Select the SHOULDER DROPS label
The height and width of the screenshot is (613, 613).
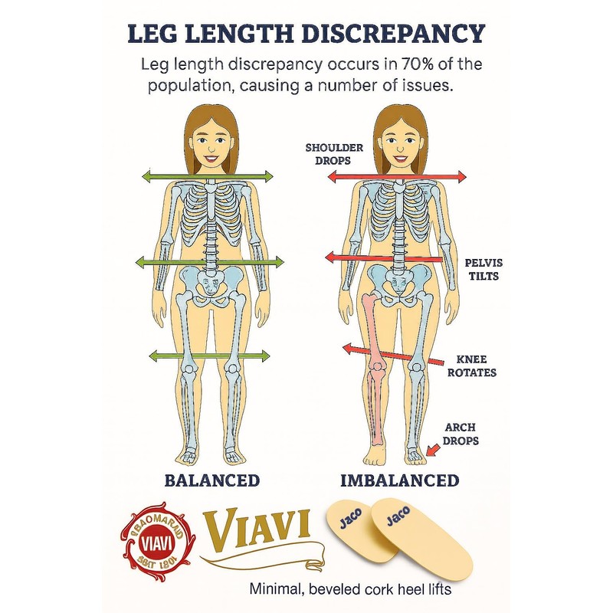pos(328,154)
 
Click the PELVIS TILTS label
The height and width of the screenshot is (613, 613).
pos(483,269)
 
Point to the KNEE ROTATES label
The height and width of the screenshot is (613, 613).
pos(477,366)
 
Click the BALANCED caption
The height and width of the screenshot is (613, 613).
pos(212,480)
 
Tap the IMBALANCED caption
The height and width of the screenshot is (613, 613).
pos(399,480)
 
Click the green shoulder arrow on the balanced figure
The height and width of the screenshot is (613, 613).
pos(208,177)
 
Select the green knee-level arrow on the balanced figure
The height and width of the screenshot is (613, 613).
pos(209,356)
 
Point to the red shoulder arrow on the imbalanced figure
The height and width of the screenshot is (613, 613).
pos(396,177)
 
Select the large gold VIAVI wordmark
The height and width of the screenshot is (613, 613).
pos(257,529)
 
